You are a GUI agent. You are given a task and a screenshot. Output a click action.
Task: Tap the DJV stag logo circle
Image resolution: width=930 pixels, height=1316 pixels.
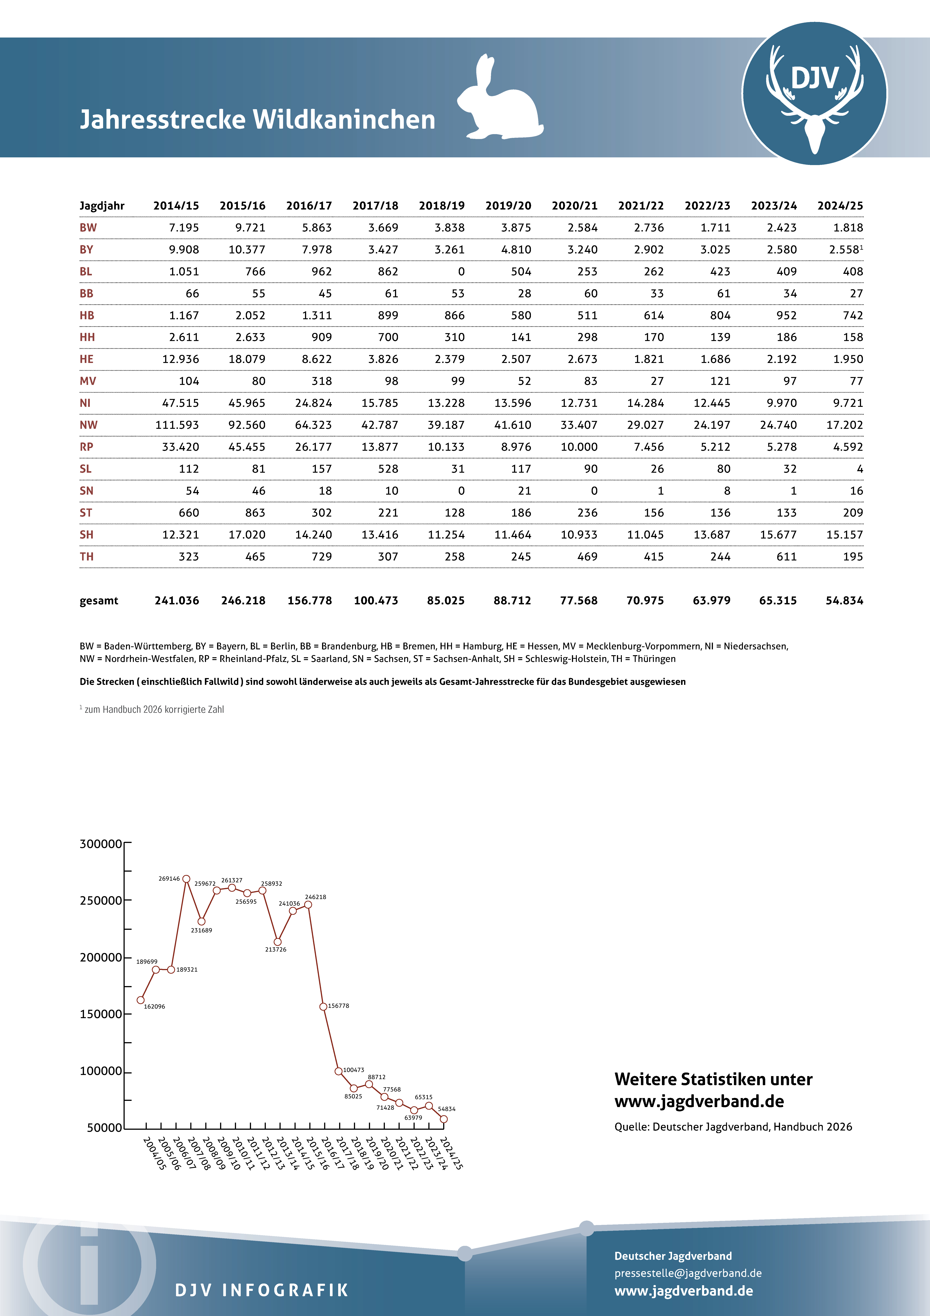tap(814, 93)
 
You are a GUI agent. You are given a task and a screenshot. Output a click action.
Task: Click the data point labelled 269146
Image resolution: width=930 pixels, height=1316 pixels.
tap(186, 879)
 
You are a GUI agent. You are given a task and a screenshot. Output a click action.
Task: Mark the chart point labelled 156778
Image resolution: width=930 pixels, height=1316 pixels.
tap(323, 1007)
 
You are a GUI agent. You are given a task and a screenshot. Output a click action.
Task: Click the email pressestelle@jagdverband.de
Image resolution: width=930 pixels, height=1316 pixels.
tap(688, 1273)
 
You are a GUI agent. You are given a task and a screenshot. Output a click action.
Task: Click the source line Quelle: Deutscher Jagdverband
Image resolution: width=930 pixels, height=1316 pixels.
tap(733, 1127)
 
